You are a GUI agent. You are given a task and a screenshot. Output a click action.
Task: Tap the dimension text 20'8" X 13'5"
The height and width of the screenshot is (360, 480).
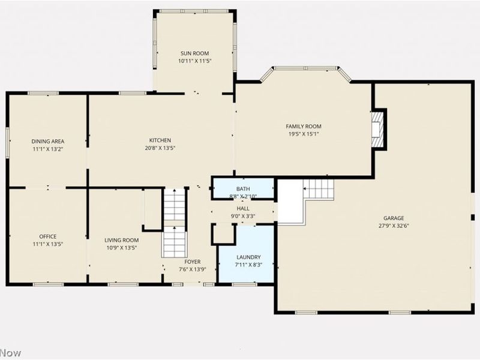(160, 148)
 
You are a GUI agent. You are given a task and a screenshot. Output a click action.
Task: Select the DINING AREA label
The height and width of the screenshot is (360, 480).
(48, 142)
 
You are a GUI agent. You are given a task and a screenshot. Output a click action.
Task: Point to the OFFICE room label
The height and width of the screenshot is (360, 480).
(48, 236)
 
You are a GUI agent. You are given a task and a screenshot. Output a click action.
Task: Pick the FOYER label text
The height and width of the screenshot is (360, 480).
(193, 262)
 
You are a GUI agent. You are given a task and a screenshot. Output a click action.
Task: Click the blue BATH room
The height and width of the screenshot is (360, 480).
(243, 189)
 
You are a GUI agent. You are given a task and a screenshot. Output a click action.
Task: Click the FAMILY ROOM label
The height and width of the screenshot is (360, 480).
(303, 127)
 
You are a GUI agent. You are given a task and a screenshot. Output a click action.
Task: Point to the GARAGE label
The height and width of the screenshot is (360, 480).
(394, 218)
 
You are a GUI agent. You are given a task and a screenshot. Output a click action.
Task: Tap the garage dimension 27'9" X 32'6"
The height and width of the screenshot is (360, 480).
(394, 226)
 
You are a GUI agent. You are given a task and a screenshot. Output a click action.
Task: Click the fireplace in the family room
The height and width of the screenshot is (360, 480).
(379, 129)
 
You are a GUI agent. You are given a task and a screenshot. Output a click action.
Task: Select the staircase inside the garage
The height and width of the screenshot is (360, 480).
(319, 189)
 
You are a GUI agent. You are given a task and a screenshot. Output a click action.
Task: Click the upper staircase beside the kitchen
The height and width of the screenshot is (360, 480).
(175, 204)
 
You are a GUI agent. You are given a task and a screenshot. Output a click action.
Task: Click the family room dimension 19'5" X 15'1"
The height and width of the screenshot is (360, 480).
(303, 134)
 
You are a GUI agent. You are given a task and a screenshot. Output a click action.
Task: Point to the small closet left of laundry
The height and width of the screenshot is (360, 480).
(223, 234)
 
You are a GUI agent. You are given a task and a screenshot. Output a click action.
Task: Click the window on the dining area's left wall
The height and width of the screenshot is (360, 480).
(8, 142)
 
